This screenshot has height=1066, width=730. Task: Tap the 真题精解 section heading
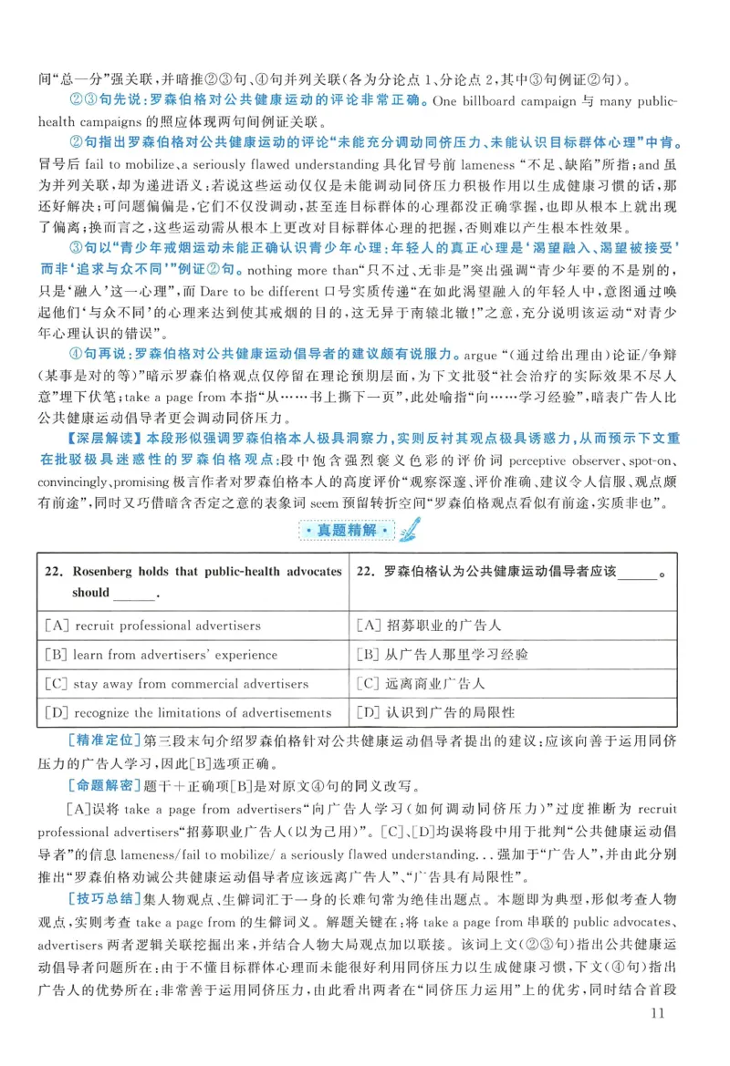pos(360,529)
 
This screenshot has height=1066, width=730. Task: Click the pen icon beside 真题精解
pos(408,527)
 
